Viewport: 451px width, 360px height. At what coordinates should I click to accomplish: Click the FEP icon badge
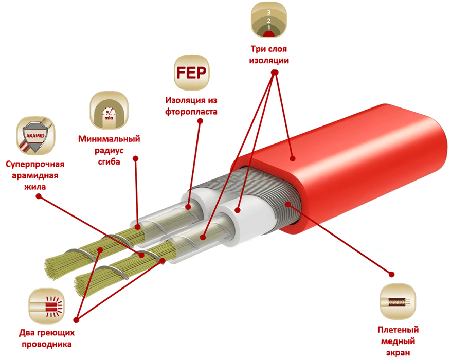point(191,73)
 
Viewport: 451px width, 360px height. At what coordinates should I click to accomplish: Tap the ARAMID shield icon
point(35,136)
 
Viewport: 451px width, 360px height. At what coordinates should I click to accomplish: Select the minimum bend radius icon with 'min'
point(109,111)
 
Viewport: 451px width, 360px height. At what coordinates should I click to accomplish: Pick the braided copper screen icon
point(398,302)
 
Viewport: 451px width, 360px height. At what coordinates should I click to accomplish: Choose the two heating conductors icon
point(46,306)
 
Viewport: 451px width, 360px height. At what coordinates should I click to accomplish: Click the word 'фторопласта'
point(191,112)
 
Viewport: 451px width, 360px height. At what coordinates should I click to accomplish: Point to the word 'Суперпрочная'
point(35,164)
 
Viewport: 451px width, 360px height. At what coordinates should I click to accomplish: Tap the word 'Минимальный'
point(109,139)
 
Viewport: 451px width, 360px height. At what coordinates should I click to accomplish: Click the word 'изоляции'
point(269,61)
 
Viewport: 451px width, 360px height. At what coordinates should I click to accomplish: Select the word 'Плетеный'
point(398,330)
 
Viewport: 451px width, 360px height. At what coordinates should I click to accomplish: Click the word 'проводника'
point(47,344)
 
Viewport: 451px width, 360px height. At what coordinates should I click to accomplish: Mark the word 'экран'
point(398,352)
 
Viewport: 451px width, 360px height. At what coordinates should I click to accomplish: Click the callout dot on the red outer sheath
point(293,158)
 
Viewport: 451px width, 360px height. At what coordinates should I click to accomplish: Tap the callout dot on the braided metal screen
point(288,205)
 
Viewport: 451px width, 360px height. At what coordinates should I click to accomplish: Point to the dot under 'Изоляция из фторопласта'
point(200,121)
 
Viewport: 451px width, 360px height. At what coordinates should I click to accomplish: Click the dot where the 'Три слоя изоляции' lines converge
point(275,72)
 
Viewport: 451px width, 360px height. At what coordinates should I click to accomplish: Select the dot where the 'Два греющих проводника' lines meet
point(76,320)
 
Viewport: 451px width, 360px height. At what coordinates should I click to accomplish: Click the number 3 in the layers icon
point(268,12)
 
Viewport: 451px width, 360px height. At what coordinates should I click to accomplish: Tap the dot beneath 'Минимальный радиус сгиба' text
point(136,158)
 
